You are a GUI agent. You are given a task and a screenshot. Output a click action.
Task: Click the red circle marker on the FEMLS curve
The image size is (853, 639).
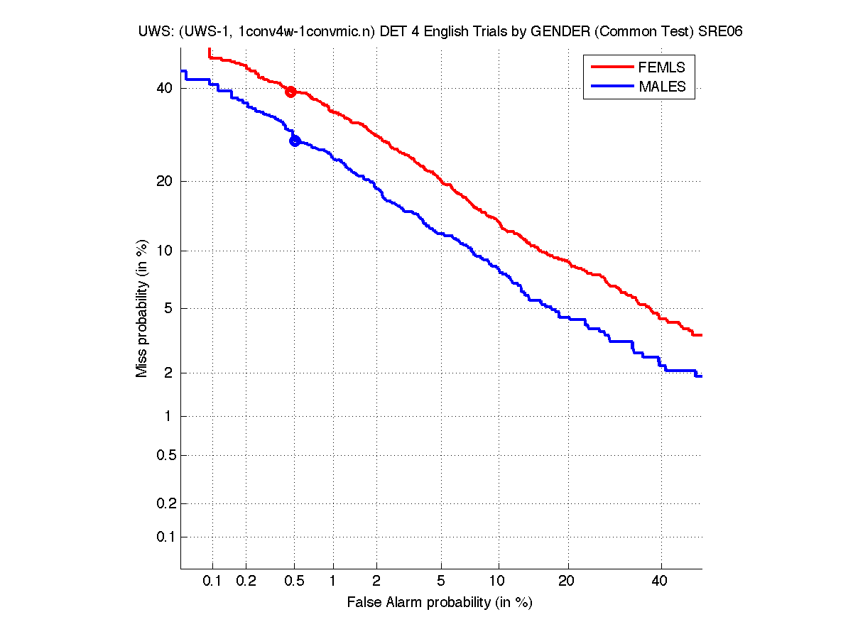[290, 92]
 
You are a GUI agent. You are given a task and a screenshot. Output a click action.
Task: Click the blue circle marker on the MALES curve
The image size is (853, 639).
[295, 141]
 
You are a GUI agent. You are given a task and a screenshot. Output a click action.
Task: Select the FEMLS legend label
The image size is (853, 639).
[662, 67]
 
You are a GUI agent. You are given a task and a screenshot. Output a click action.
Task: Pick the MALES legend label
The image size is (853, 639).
[662, 87]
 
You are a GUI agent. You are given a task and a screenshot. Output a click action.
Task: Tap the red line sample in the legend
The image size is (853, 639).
[612, 67]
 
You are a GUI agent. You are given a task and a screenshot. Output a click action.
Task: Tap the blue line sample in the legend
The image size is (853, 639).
[612, 87]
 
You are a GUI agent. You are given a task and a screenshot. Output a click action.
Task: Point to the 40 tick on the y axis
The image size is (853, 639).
[164, 88]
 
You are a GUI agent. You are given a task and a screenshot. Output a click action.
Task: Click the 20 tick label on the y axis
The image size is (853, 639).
[164, 181]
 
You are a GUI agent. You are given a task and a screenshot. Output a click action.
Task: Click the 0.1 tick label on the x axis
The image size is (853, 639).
[212, 581]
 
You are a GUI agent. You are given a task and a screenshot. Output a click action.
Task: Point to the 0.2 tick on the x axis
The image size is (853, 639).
[246, 581]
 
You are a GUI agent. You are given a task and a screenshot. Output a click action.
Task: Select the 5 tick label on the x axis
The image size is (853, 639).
[441, 581]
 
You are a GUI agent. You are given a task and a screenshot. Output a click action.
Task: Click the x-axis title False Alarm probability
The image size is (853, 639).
[440, 603]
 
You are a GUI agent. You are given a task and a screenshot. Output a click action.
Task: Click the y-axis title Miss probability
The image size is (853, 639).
[142, 310]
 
